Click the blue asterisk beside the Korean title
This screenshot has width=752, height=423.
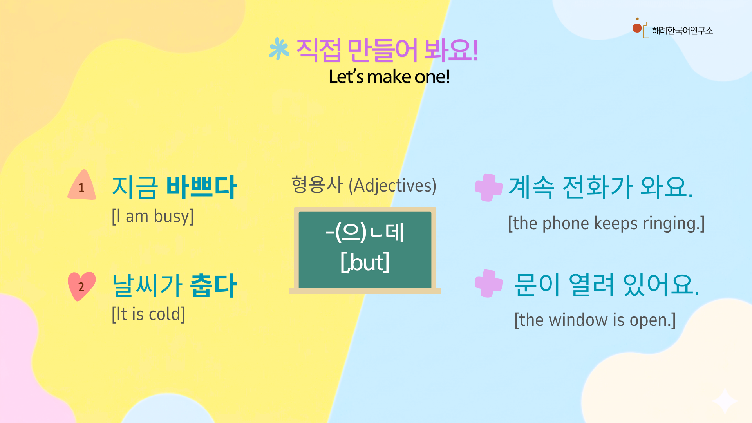tap(279, 49)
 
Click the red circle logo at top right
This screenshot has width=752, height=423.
tap(637, 28)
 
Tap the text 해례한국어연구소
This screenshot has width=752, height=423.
tap(682, 31)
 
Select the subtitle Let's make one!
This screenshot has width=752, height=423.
tap(389, 76)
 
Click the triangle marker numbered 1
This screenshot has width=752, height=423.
tap(82, 185)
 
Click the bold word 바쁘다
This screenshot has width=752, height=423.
tap(201, 187)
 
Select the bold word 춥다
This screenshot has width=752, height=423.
tap(213, 286)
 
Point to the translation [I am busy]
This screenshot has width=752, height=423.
tap(153, 216)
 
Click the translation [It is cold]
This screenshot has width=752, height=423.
tap(148, 314)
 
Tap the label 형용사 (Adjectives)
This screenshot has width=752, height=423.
tap(363, 185)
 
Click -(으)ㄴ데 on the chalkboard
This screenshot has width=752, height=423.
tap(365, 232)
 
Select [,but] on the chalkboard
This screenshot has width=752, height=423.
tap(365, 262)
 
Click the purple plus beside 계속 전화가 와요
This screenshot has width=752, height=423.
tap(488, 187)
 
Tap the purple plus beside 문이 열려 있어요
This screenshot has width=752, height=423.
tap(488, 283)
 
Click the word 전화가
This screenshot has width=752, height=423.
tap(597, 187)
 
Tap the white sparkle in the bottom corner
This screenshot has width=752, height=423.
tap(725, 401)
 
